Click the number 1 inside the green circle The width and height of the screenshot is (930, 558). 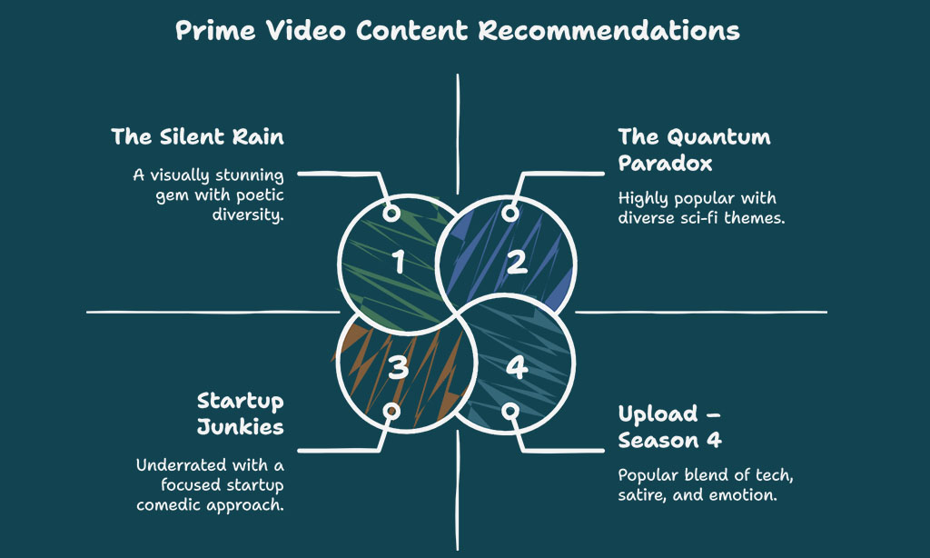[x=399, y=262]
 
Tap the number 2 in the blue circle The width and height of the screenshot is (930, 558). [x=517, y=262]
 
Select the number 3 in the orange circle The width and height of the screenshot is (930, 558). [x=399, y=367]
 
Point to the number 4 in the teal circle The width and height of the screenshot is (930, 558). [x=517, y=367]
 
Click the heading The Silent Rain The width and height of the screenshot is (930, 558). [x=197, y=136]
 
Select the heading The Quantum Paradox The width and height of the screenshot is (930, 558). [x=694, y=150]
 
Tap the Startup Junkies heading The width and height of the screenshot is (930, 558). [x=240, y=414]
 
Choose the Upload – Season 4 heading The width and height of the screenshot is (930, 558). [x=669, y=427]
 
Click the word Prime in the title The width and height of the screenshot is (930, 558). [x=215, y=30]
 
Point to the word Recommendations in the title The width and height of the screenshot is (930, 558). [x=609, y=30]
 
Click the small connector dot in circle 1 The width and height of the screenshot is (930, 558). [x=391, y=213]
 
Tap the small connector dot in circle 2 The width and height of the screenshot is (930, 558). [x=510, y=213]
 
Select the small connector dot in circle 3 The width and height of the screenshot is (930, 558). [x=391, y=411]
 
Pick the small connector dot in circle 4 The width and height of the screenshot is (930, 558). [x=510, y=411]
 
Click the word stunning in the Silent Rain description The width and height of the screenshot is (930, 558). [x=249, y=175]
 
